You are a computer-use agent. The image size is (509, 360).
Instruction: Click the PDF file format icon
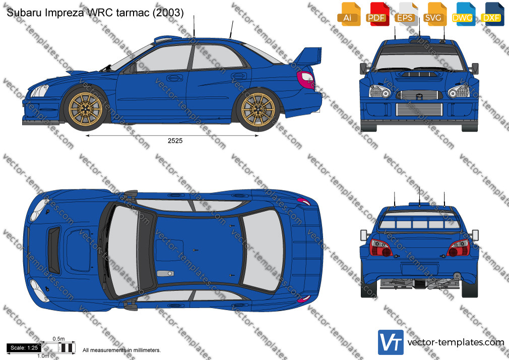377,14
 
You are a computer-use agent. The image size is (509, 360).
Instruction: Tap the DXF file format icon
492,14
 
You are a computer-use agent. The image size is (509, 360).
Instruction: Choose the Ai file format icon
349,14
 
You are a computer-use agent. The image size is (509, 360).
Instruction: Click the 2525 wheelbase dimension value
175,141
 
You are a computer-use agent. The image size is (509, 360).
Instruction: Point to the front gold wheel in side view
85,109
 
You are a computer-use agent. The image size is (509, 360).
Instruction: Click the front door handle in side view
174,78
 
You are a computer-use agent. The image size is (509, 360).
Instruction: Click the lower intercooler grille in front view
419,109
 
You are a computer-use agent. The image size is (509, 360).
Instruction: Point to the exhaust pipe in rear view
457,276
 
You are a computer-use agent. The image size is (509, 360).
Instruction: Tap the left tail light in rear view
380,248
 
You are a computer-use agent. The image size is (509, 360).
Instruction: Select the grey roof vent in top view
165,274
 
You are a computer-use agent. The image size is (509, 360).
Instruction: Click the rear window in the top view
263,250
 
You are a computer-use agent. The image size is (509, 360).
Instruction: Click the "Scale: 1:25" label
24,348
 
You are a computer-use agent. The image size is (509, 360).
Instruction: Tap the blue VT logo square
391,342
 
